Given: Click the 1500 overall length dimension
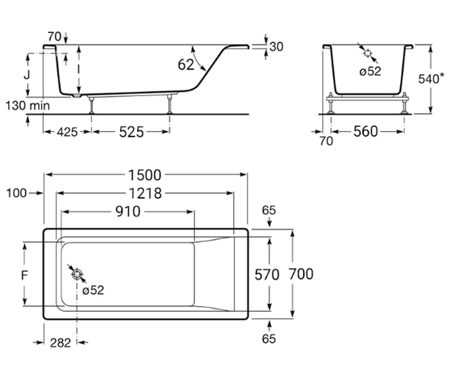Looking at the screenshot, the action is [x=145, y=175].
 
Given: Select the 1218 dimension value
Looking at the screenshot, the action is [x=145, y=193].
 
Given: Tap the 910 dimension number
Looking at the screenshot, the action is [x=128, y=211].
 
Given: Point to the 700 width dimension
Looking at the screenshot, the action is [x=301, y=274].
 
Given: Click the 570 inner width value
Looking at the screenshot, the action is [x=267, y=274].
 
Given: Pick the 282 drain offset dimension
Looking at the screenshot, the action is [x=60, y=343].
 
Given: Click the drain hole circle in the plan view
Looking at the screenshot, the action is [x=77, y=274].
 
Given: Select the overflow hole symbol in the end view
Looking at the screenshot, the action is [x=368, y=53].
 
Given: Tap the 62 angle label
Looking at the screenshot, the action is [x=186, y=64].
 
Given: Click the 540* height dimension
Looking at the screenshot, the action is [x=431, y=78].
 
